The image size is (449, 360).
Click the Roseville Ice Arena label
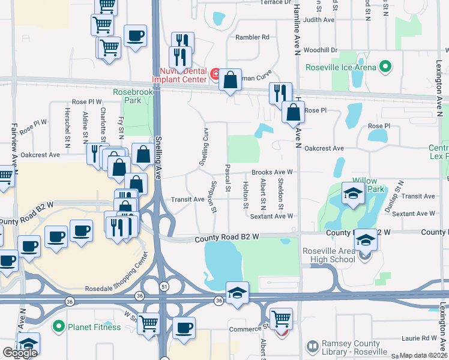click(340, 67)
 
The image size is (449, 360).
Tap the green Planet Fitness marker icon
click(58, 327)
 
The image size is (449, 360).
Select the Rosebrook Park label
click(127, 96)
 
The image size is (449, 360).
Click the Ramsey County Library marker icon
click(312, 346)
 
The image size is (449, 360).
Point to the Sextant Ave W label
click(271, 215)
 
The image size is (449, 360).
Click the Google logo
click(20, 352)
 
